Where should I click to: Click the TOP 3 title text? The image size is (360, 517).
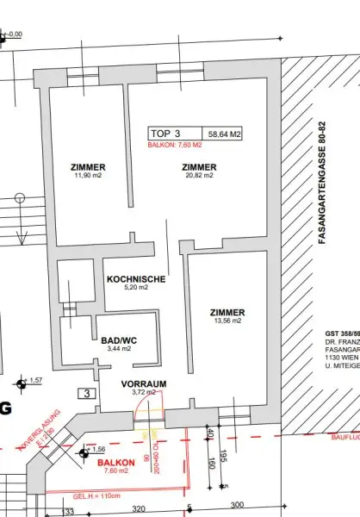click(x=166, y=134)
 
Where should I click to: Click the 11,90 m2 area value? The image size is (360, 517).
click(x=89, y=176)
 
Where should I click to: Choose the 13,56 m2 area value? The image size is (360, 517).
click(x=227, y=321)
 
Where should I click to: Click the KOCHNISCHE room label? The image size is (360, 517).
click(x=136, y=280)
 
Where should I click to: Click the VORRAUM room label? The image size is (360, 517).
click(x=143, y=383)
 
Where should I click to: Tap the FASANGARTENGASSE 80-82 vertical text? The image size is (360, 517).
click(x=322, y=186)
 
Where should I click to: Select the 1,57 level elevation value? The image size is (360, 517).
click(x=35, y=380)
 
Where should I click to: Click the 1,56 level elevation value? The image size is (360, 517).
click(x=97, y=450)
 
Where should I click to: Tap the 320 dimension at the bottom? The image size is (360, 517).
click(x=138, y=509)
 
